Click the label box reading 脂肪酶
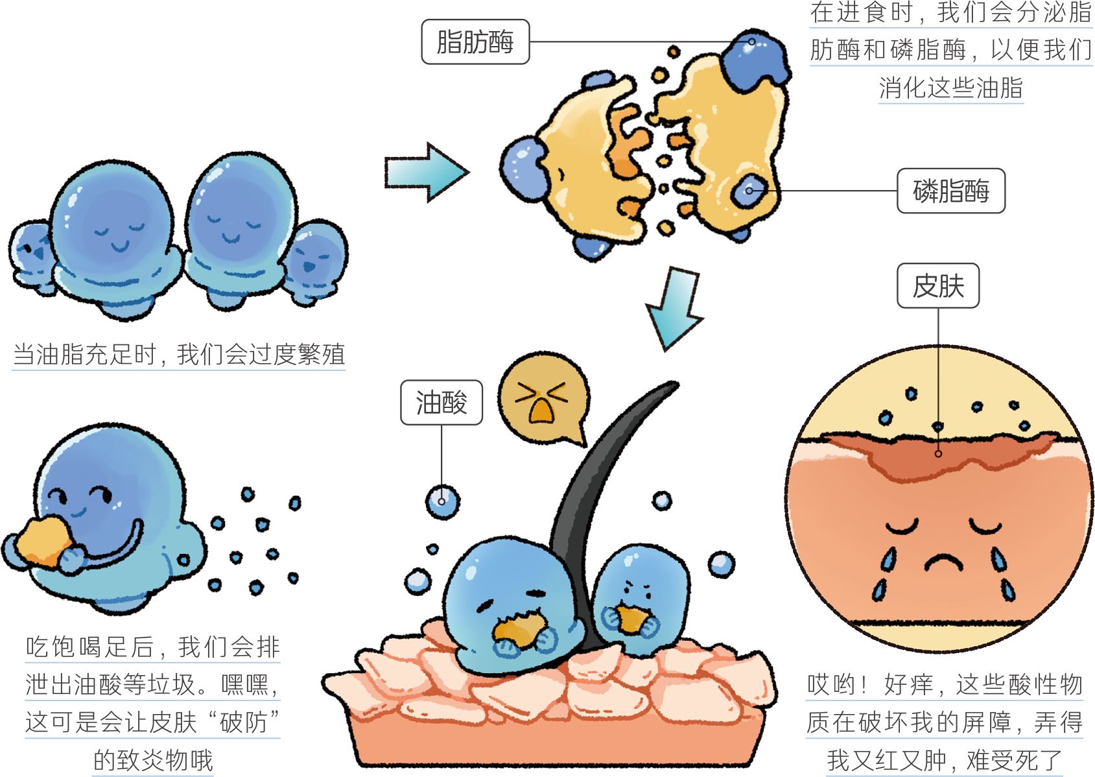point(475,42)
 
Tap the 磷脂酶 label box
point(951,191)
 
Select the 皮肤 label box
point(938,285)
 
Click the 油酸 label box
point(442,402)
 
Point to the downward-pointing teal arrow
point(675,309)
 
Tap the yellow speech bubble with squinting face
point(543,398)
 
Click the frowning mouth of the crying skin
point(943,562)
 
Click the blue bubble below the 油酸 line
point(442,502)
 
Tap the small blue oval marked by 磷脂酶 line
point(748,191)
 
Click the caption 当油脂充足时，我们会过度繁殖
point(179,354)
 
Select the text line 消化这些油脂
point(951,88)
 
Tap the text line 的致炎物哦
point(153,760)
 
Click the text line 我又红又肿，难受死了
point(944,760)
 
